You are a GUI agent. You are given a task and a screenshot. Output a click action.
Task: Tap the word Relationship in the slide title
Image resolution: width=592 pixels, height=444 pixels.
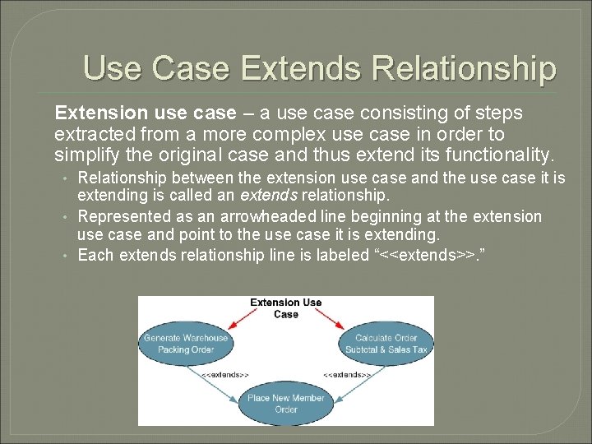click(x=465, y=67)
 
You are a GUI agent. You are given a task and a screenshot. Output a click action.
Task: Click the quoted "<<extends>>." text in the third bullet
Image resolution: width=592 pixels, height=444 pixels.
click(x=429, y=255)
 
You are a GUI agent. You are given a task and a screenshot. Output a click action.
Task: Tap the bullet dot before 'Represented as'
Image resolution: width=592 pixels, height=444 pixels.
click(x=65, y=216)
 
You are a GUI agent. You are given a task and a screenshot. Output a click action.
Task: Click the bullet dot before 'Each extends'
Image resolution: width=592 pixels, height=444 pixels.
click(x=65, y=255)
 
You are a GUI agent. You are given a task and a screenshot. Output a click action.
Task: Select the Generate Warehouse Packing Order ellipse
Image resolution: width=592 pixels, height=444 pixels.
click(x=186, y=344)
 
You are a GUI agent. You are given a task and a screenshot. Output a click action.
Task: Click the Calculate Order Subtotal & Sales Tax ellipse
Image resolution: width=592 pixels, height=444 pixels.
click(x=386, y=344)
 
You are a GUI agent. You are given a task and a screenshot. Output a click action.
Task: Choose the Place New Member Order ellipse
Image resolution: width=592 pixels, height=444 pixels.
click(x=286, y=404)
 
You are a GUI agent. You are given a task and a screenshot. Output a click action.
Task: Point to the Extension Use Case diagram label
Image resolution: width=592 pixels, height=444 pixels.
click(x=286, y=308)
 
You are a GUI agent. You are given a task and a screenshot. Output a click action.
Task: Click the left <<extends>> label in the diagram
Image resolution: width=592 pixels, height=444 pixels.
click(x=225, y=374)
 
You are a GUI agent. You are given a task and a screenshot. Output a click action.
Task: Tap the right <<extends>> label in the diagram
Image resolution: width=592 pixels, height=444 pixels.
click(x=347, y=374)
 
